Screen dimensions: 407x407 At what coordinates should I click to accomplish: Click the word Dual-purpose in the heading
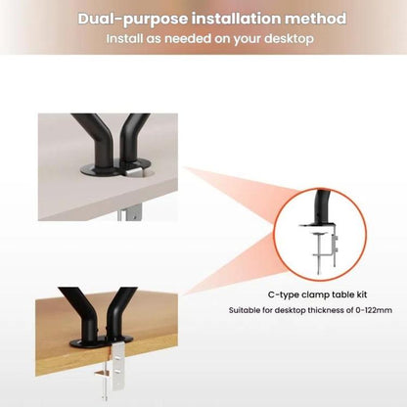pos(133,20)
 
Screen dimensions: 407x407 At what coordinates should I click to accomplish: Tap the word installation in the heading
pos(236,19)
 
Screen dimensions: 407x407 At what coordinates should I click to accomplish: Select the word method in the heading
pos(315,19)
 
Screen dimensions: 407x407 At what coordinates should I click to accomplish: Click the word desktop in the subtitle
pos(289,39)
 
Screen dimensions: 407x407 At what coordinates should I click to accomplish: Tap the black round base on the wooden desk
pos(101,341)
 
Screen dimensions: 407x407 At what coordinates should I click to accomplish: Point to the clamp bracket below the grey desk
pos(130,212)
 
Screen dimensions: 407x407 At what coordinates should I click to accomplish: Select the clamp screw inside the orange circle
pos(319,252)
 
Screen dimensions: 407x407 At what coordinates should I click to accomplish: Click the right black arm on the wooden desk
pos(118,312)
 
